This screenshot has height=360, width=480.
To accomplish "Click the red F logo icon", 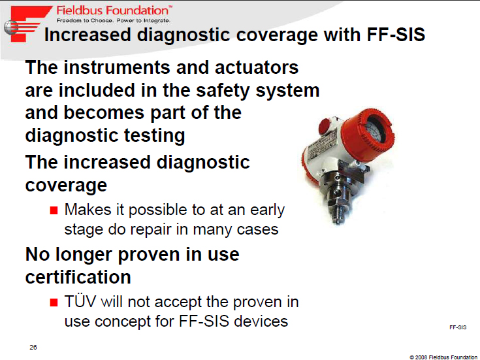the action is (27, 24).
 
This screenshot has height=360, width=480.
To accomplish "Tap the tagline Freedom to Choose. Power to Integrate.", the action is (113, 20).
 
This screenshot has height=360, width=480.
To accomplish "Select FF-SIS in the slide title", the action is (396, 35).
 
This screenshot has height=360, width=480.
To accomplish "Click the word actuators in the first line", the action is (257, 67).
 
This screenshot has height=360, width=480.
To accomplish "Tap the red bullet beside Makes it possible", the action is (54, 210).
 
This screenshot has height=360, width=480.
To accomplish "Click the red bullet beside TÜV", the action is (54, 303).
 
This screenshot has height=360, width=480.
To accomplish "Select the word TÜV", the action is (80, 301).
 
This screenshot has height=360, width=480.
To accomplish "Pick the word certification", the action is (78, 277).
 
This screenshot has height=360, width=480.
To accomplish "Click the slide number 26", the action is (33, 347).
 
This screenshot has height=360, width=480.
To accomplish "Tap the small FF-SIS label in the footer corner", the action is (458, 327).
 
